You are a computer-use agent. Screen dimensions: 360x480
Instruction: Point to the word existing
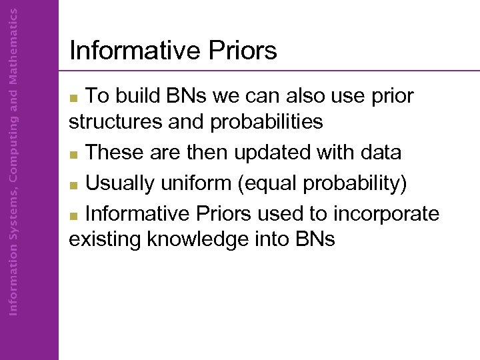coord(105,239)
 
